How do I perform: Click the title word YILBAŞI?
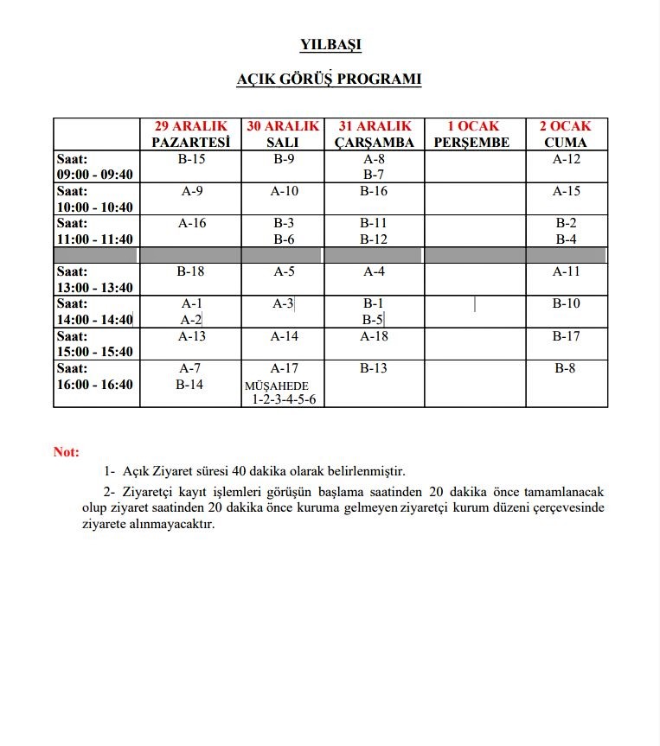pos(330,44)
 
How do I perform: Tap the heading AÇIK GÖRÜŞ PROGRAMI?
pos(330,80)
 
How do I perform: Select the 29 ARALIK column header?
pos(191,134)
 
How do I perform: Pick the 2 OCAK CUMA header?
pos(566,134)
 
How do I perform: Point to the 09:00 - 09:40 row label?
pos(95,167)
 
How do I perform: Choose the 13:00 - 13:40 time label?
pos(95,279)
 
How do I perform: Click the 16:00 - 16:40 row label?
pos(95,376)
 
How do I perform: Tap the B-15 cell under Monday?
pos(191,159)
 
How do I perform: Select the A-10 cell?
pos(285,191)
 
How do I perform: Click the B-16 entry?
pos(374,191)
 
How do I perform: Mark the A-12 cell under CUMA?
pos(567,159)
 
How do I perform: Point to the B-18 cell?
pos(191,271)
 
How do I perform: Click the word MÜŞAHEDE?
pos(277,386)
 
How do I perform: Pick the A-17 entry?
pos(285,368)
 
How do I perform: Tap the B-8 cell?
pos(567,368)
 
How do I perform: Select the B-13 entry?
pos(374,368)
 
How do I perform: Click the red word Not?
pos(67,452)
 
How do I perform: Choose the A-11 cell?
pos(567,271)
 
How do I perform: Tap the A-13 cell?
pos(191,336)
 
